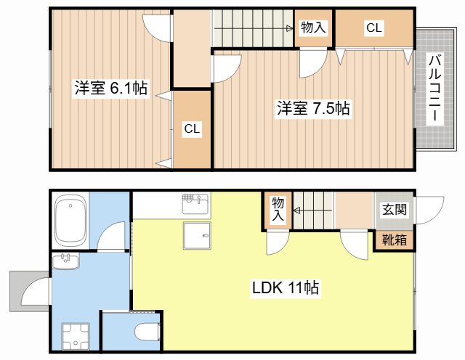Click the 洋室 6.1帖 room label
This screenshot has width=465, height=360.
110,89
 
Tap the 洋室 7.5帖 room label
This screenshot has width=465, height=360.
313,109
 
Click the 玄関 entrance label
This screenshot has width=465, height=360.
395,210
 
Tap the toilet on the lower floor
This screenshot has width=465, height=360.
147,332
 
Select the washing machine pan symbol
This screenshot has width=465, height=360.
75,336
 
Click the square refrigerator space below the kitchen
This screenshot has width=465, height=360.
196,237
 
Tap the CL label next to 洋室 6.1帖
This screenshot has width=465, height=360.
192,129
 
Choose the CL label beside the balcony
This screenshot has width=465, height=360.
373,28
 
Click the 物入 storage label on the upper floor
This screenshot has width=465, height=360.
313,28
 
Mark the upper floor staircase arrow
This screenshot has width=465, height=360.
254,29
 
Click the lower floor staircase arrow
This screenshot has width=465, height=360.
311,211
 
